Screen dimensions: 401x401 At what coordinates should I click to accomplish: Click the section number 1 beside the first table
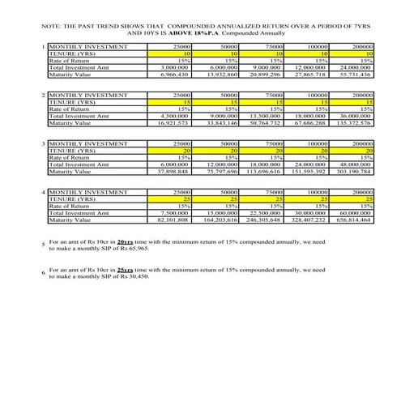pyautogui.click(x=43, y=48)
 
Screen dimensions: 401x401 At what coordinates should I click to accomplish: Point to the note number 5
pyautogui.click(x=43, y=245)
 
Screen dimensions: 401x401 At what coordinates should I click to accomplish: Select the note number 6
pyautogui.click(x=43, y=273)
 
